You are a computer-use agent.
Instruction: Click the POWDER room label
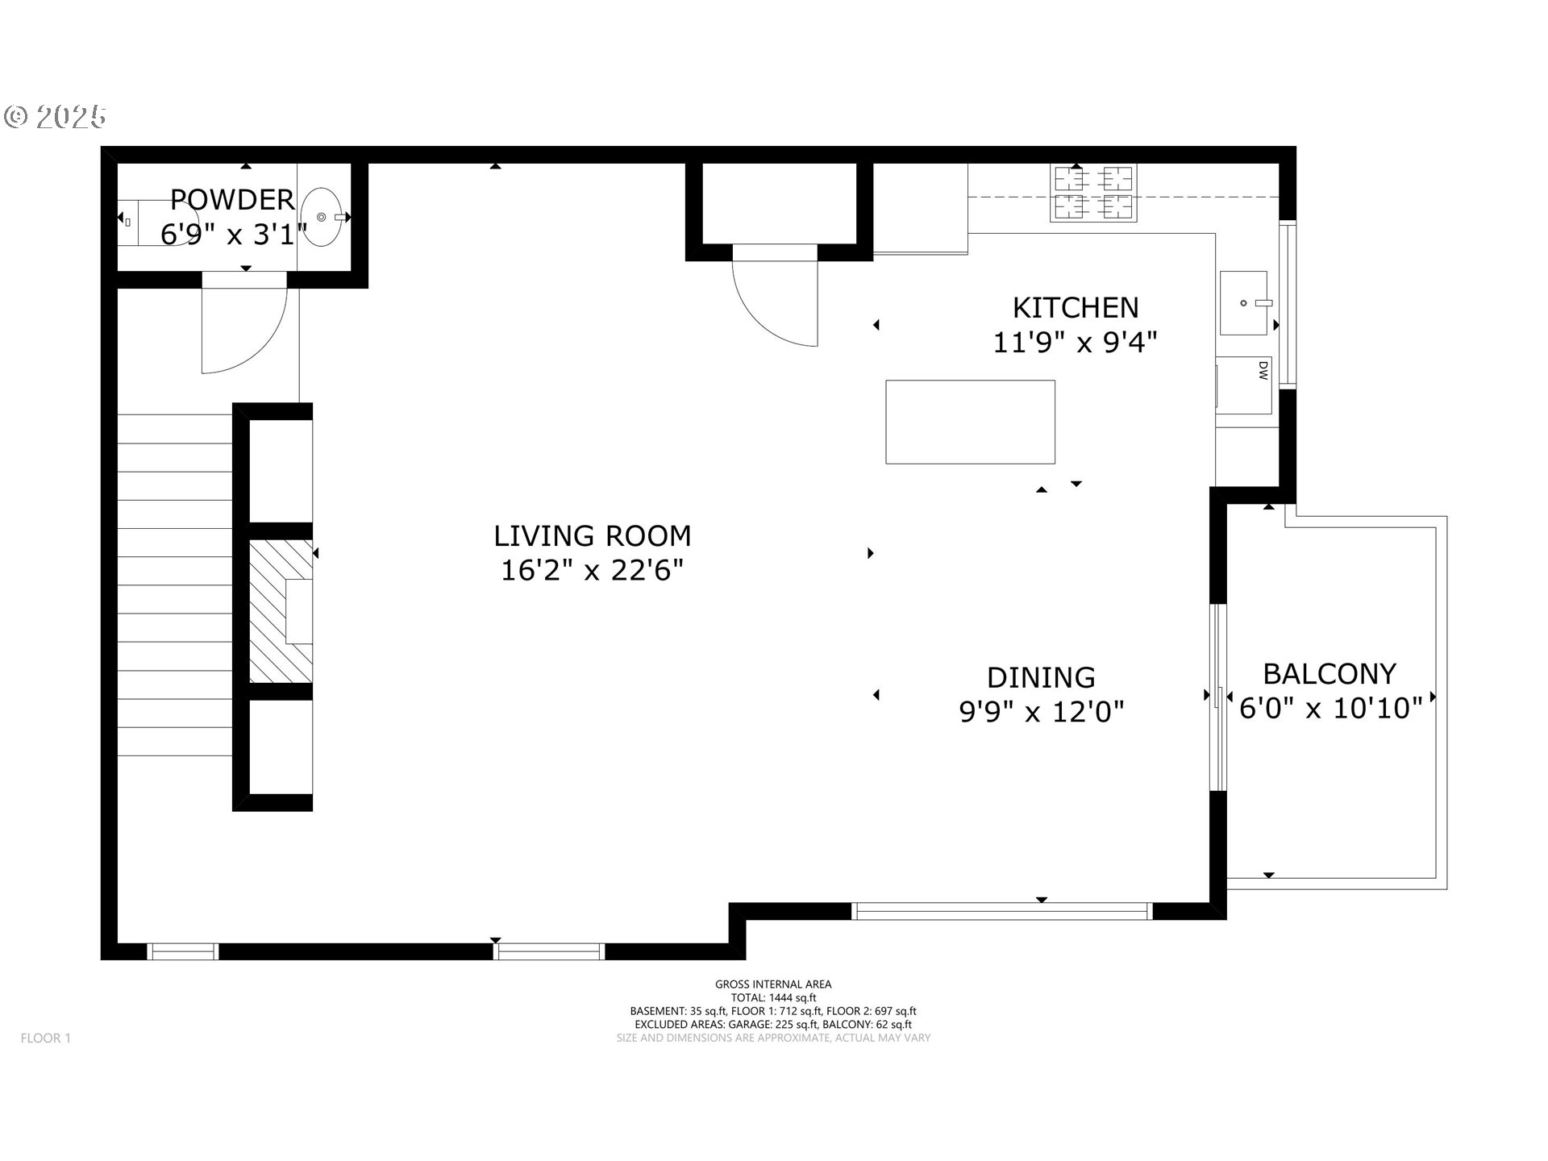click(x=232, y=199)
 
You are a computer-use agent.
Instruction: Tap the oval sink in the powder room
click(x=325, y=217)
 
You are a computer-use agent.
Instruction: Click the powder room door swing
click(x=244, y=322)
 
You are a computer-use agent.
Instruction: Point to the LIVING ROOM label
click(x=593, y=536)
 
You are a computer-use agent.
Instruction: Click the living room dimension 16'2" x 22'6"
click(x=593, y=571)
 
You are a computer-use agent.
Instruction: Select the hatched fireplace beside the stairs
click(x=281, y=612)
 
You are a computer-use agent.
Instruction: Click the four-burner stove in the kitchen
click(x=1093, y=193)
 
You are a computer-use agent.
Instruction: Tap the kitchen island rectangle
click(x=970, y=422)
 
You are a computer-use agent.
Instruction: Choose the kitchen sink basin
click(x=1243, y=303)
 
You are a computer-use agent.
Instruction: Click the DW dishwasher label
click(x=1263, y=370)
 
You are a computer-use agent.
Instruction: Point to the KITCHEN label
click(x=1076, y=308)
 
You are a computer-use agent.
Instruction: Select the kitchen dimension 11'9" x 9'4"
click(x=1076, y=343)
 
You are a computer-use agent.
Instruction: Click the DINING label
click(x=1041, y=677)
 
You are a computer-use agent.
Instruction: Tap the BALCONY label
click(x=1330, y=673)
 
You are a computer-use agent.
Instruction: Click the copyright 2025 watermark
click(x=55, y=117)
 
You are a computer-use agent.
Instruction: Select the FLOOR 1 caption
click(x=46, y=1038)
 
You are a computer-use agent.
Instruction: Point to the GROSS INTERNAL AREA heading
click(x=773, y=984)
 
